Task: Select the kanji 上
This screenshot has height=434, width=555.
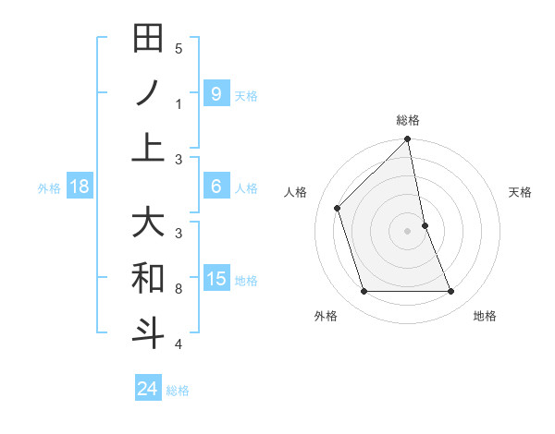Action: (148, 148)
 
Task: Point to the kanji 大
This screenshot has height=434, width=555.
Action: (148, 223)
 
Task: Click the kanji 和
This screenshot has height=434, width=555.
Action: (148, 278)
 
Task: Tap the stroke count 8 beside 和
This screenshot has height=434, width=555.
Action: (179, 289)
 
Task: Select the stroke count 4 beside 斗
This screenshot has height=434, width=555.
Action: (179, 344)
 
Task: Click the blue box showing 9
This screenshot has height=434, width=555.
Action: (216, 93)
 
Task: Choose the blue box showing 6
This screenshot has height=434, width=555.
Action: (216, 187)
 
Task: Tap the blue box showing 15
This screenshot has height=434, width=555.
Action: (216, 279)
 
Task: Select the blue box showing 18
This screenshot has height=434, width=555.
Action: (79, 187)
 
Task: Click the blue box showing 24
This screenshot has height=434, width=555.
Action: (148, 389)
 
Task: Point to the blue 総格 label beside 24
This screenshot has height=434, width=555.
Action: (178, 391)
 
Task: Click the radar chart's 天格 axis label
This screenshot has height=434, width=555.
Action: (520, 192)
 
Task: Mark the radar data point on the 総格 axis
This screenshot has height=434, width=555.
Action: (407, 139)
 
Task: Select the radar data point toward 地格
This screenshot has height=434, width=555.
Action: (451, 292)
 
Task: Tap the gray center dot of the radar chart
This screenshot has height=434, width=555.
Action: (407, 231)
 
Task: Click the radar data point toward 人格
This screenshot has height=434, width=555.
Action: (338, 208)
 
